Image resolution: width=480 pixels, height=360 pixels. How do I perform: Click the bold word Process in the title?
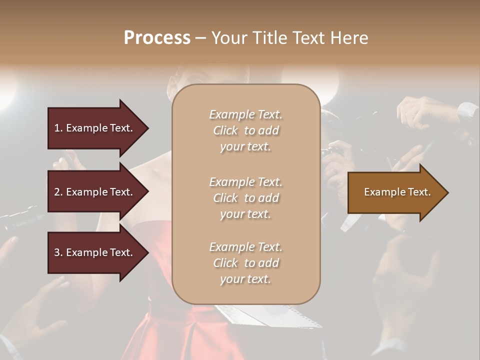pyautogui.click(x=157, y=38)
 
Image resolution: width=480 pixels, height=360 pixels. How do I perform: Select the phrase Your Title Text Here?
pyautogui.click(x=289, y=38)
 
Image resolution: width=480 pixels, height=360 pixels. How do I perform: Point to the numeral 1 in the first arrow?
pyautogui.click(x=57, y=128)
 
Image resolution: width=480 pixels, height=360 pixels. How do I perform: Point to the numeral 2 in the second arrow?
pyautogui.click(x=57, y=192)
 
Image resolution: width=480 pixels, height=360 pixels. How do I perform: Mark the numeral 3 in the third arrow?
pyautogui.click(x=57, y=252)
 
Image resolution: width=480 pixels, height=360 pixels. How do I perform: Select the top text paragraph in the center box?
pyautogui.click(x=245, y=130)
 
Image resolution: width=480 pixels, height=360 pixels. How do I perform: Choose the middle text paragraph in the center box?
pyautogui.click(x=245, y=198)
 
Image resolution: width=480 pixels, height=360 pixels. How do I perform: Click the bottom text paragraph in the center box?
pyautogui.click(x=245, y=263)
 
